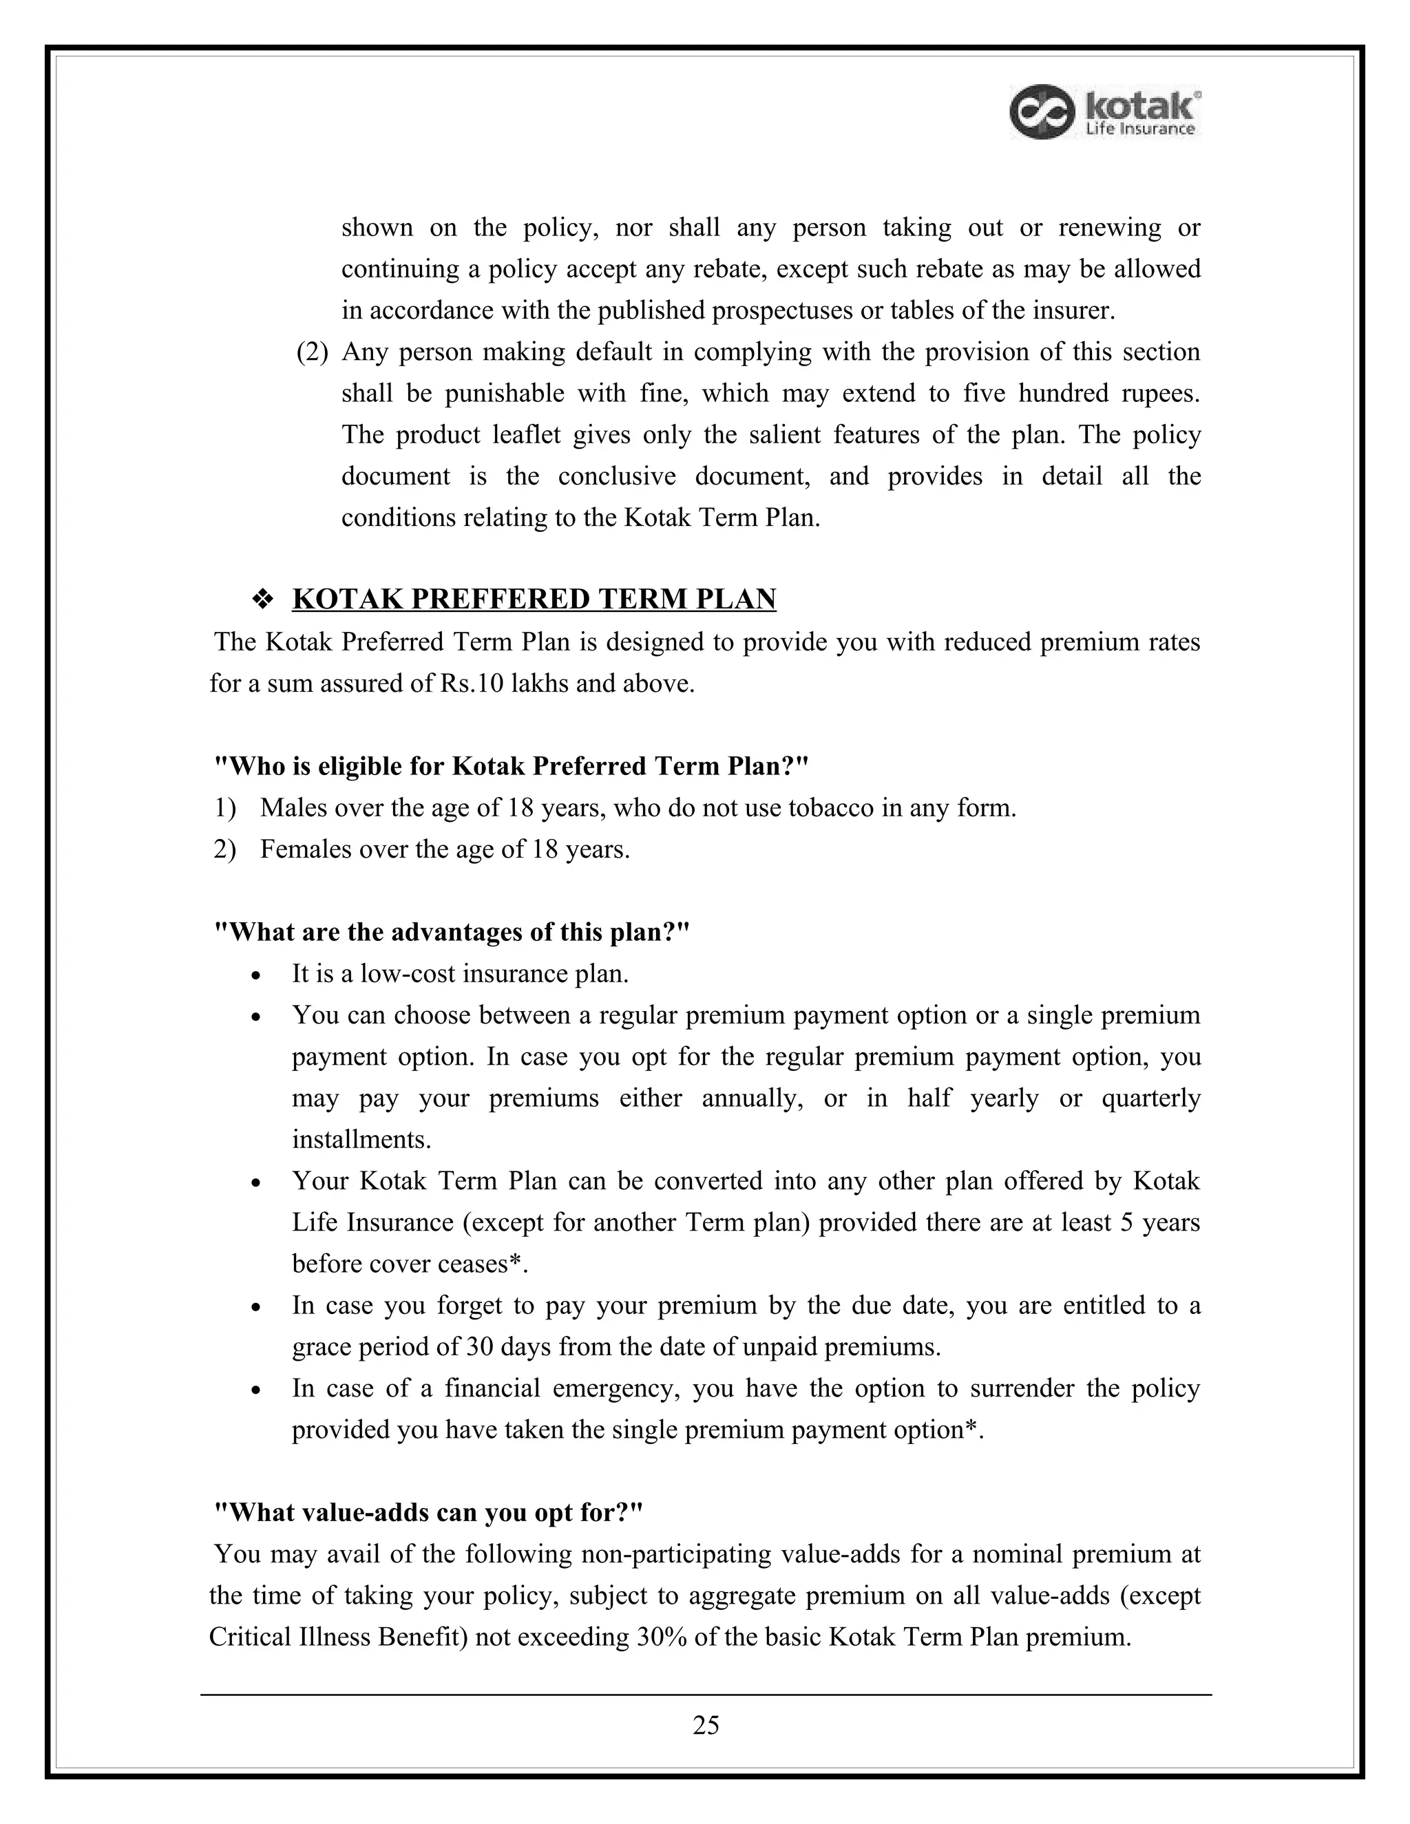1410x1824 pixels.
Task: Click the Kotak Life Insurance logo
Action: point(1105,112)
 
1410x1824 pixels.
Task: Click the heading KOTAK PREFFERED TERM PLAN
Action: point(534,599)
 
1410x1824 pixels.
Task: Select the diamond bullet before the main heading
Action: point(263,600)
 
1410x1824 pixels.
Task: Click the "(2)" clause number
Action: point(313,352)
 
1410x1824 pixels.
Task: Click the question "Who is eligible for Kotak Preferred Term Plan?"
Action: point(512,766)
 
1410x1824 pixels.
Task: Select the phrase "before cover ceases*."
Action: point(410,1264)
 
